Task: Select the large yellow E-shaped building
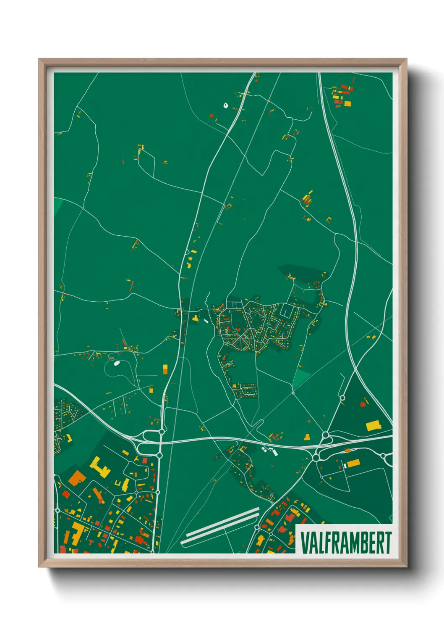(100, 467)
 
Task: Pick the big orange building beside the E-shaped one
(76, 478)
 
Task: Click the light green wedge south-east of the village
(301, 378)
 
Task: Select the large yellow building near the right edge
(373, 426)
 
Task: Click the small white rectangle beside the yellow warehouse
(345, 466)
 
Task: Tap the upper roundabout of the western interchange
(162, 432)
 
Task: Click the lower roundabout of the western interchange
(159, 455)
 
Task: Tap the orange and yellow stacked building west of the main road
(165, 369)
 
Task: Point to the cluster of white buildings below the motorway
(269, 451)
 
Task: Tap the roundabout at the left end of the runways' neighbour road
(257, 527)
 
